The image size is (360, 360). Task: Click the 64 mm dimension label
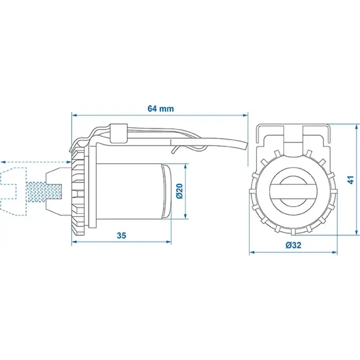click(161, 109)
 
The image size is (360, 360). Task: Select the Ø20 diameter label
click(179, 191)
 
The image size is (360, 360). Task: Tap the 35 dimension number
click(121, 235)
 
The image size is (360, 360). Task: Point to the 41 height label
click(351, 179)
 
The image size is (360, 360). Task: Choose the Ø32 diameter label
click(294, 245)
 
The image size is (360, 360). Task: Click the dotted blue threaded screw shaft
click(44, 192)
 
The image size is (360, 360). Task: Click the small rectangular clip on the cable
click(119, 133)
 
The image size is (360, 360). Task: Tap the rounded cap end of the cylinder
click(167, 191)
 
